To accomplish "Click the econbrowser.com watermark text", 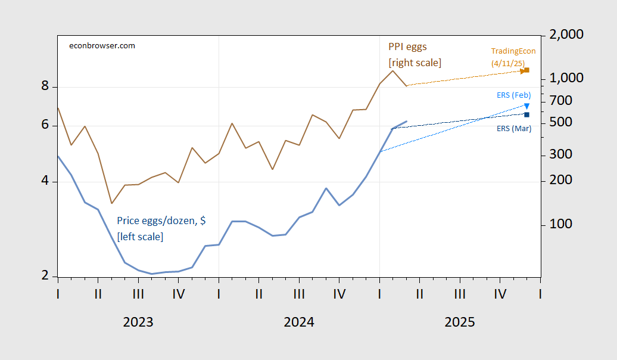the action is click(x=102, y=46).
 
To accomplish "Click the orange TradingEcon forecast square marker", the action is click(x=527, y=70).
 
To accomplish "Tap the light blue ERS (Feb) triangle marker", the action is click(x=527, y=106).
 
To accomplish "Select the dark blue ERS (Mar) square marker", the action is click(x=527, y=114).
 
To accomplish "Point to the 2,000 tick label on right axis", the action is click(x=566, y=34).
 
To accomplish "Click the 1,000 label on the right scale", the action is click(x=566, y=78).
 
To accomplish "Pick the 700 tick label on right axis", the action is click(x=561, y=101).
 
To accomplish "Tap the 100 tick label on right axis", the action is click(x=561, y=224).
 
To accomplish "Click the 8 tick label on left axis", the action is click(x=45, y=85).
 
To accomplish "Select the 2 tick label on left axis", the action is click(x=45, y=275).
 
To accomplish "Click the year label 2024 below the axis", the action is click(x=299, y=322).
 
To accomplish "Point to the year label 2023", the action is click(x=138, y=322).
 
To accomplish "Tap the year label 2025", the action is click(x=460, y=322).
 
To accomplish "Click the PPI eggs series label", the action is click(x=407, y=47).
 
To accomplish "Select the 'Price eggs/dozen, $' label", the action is click(x=161, y=221).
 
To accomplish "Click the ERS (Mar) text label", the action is click(x=514, y=129).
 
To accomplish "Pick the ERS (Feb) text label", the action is click(x=514, y=95).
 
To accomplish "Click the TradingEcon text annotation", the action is click(x=513, y=51).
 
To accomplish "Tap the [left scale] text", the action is click(x=140, y=237).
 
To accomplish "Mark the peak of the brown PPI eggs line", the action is click(x=392, y=71).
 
